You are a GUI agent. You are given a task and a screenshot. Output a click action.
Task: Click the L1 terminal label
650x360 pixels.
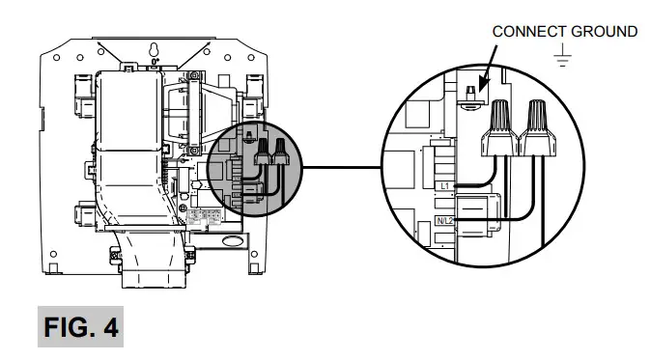(444, 183)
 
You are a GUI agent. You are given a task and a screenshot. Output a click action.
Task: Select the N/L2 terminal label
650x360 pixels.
(445, 220)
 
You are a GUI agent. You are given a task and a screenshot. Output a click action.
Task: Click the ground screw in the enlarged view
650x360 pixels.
(469, 97)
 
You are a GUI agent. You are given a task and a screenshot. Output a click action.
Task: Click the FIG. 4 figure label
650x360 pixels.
(81, 327)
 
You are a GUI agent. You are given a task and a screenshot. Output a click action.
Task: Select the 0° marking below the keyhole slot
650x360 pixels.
(155, 62)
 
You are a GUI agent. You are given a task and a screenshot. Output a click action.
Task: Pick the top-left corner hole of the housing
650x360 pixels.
(57, 59)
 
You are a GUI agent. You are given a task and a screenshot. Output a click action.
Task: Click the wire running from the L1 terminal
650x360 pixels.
(478, 181)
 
